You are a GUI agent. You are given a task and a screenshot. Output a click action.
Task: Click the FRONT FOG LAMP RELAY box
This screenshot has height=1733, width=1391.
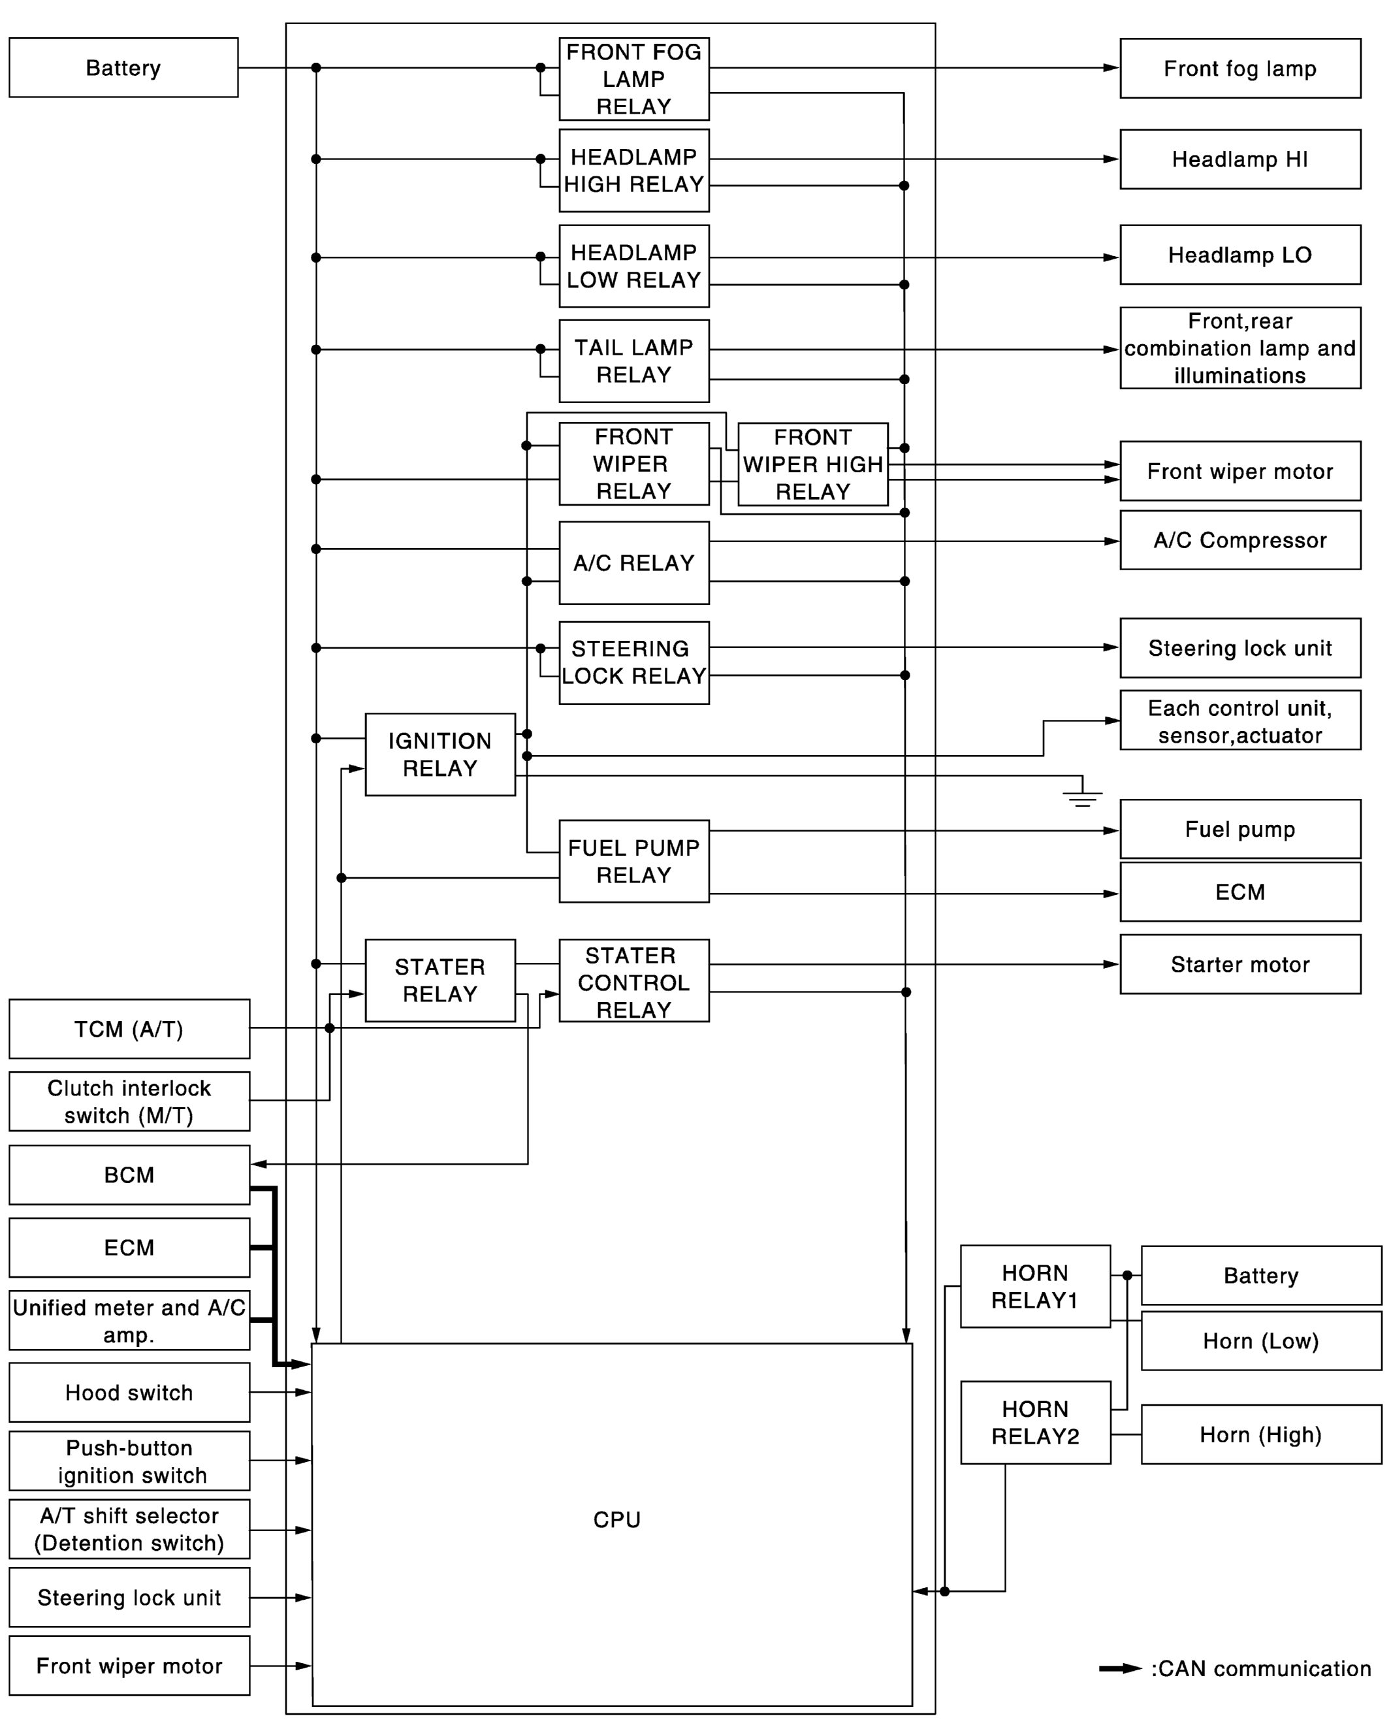633,79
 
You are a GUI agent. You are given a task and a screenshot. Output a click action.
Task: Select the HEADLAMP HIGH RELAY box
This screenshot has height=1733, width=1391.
633,170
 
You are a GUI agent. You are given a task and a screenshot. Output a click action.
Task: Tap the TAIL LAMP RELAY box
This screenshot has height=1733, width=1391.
633,361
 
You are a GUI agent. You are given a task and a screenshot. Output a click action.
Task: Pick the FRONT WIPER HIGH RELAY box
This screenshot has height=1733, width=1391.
812,464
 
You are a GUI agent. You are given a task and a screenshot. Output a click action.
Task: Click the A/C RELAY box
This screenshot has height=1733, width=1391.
633,562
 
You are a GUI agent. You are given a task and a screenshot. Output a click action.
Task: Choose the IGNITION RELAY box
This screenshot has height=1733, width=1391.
440,754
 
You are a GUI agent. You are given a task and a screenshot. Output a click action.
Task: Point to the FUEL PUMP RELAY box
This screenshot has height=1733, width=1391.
633,861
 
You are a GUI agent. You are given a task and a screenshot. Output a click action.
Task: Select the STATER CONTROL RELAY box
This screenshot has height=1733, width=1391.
633,980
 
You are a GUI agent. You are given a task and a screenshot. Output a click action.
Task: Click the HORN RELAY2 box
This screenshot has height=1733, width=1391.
1035,1423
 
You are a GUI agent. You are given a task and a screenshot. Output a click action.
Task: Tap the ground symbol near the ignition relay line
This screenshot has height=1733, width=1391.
1081,798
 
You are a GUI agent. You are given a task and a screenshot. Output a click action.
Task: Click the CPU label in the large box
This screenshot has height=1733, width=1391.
616,1519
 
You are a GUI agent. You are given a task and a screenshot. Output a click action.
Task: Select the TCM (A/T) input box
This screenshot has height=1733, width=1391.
129,1029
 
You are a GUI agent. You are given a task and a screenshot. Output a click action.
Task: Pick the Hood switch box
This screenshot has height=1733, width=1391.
129,1392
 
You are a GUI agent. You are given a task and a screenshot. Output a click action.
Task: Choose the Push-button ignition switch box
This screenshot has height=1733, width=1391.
129,1461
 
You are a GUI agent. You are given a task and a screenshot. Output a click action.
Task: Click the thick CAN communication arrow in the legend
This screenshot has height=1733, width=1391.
1119,1669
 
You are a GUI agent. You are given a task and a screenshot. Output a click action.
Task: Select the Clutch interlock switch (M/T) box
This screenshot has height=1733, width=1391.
129,1101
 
